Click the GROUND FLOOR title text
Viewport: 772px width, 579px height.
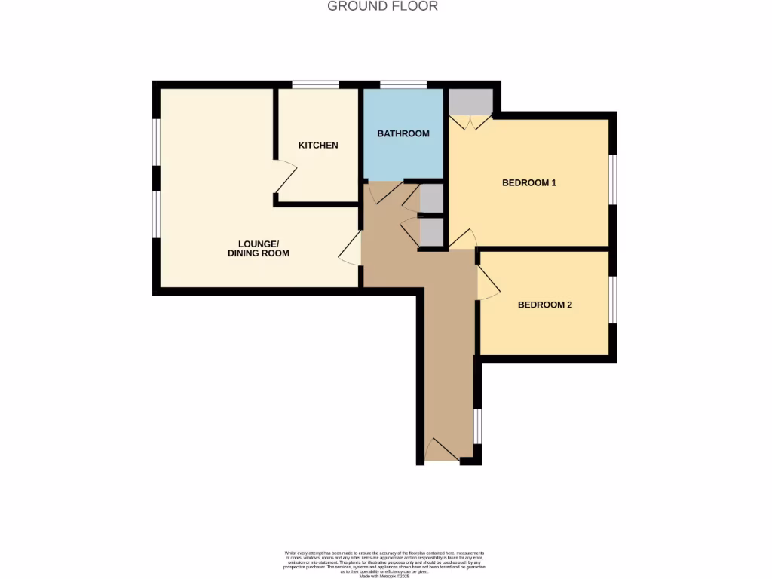(x=382, y=6)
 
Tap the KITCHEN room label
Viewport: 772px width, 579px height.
(x=318, y=145)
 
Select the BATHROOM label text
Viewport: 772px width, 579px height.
(x=403, y=133)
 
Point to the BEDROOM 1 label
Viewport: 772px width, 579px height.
(x=529, y=182)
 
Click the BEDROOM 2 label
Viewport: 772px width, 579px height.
(x=545, y=305)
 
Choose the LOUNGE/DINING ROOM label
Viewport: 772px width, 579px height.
(x=259, y=249)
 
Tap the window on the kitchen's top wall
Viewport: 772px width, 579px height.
(x=315, y=84)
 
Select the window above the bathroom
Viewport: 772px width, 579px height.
(x=403, y=84)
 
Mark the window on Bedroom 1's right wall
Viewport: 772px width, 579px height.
(x=613, y=179)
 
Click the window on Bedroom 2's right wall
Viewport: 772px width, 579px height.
(x=613, y=300)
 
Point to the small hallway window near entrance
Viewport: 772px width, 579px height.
(x=477, y=426)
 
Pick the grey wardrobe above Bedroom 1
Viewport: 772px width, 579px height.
(x=471, y=101)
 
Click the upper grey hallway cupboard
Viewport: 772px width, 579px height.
(x=431, y=199)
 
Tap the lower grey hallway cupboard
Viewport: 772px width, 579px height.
(x=431, y=232)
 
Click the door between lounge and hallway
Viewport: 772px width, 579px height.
(x=350, y=249)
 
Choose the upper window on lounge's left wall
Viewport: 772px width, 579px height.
(x=156, y=141)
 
